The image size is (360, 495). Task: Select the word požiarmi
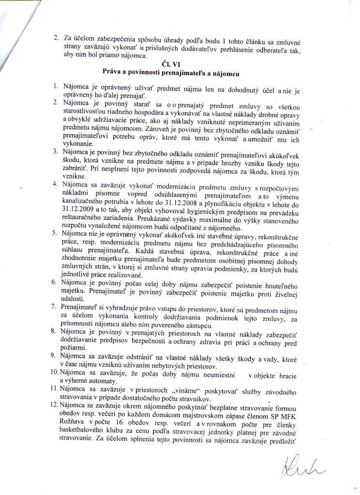coord(74,348)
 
